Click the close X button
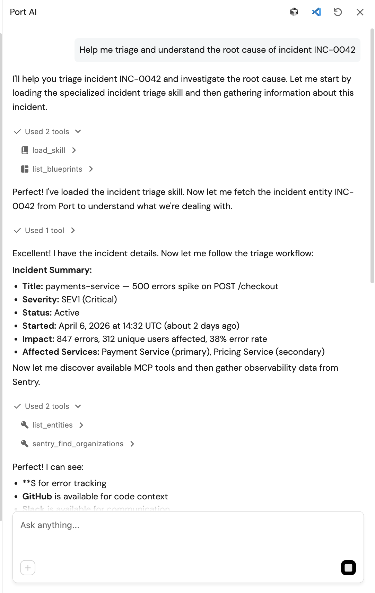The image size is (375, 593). [x=360, y=12]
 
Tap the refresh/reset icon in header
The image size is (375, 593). [x=338, y=12]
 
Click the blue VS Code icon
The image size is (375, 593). [x=316, y=12]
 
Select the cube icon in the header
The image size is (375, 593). [x=294, y=12]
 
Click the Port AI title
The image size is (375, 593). [x=23, y=12]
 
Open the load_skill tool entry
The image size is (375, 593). [x=49, y=150]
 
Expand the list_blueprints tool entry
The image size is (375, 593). [x=57, y=169]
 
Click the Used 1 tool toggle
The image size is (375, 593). [x=44, y=231]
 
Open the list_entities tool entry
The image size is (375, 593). [x=52, y=425]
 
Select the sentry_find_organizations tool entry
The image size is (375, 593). [x=78, y=444]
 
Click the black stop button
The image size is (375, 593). [x=348, y=568]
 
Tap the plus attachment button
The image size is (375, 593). [x=28, y=568]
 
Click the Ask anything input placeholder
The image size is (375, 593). [x=50, y=525]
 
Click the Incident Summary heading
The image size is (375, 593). [x=52, y=270]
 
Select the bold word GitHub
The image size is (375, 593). [x=37, y=497]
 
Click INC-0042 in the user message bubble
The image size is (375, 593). [x=334, y=50]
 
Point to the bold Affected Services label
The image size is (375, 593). [x=61, y=352]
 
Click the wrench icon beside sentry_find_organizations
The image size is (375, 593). [x=25, y=444]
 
